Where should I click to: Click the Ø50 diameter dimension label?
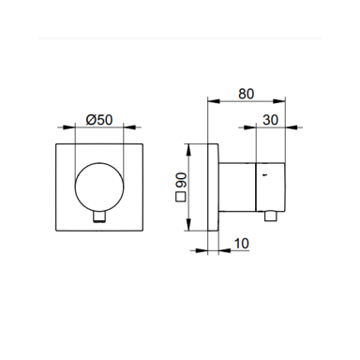tap(99, 120)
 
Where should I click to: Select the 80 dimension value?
tap(247, 94)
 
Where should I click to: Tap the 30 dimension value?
tap(270, 120)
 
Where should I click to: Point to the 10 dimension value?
tap(241, 244)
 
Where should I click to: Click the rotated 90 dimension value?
tap(182, 180)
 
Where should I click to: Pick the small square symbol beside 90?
tap(181, 198)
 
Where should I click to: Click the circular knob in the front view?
tap(99, 187)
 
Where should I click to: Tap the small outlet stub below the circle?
tap(99, 217)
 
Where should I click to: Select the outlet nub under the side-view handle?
tap(271, 216)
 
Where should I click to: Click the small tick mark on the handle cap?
tap(265, 175)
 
